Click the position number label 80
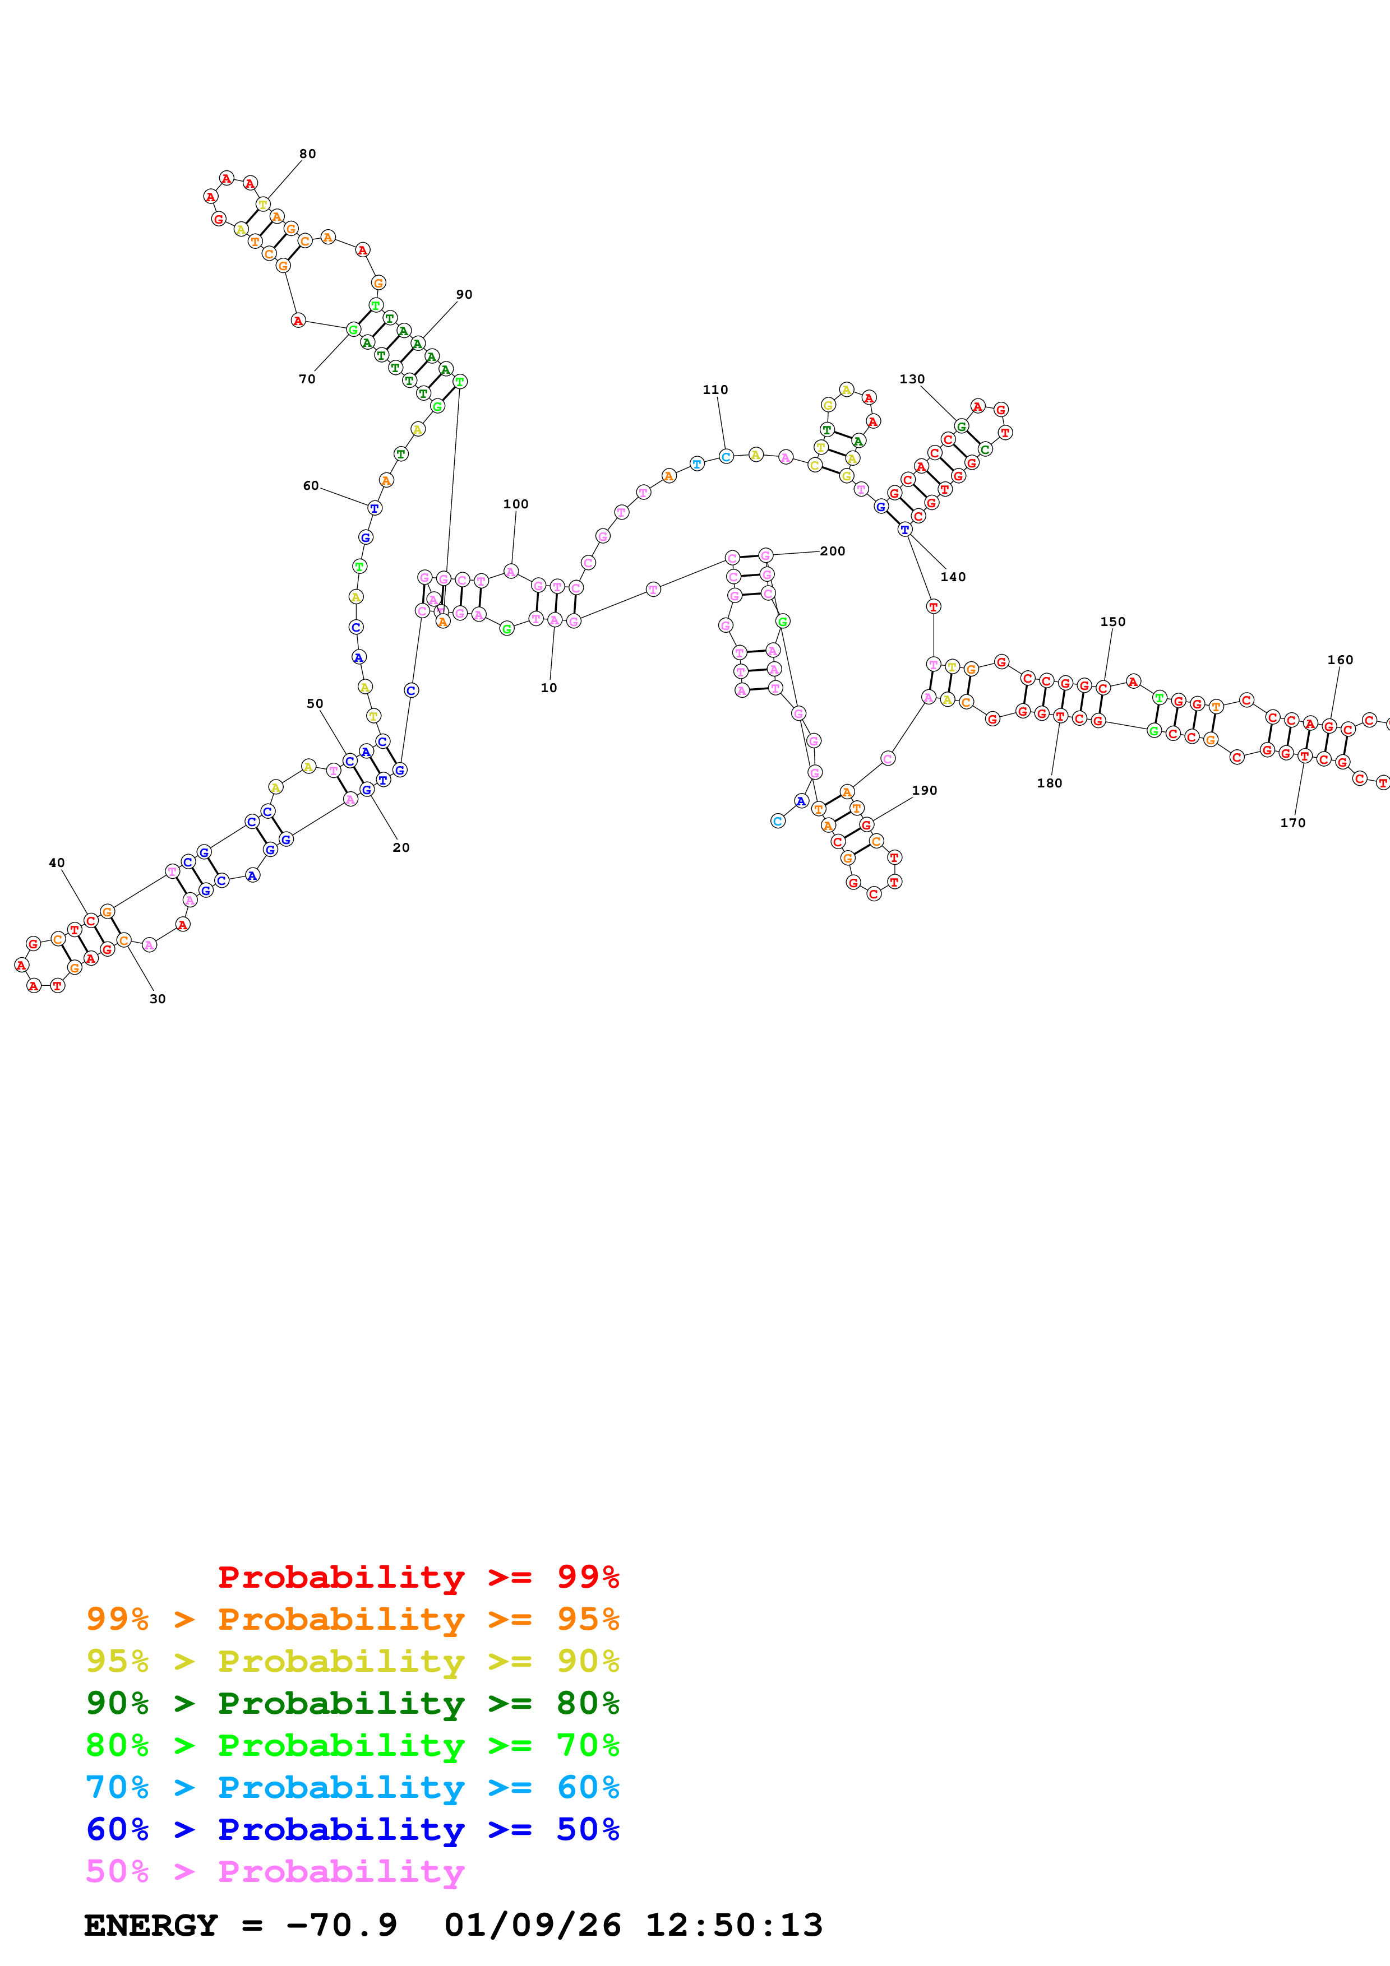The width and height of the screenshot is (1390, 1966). point(307,154)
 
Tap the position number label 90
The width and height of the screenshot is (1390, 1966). point(464,295)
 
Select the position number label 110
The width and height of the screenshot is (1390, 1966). point(715,390)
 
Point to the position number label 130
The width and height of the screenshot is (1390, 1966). point(912,379)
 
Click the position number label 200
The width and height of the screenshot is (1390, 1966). point(833,551)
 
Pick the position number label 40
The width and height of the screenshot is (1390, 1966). point(57,863)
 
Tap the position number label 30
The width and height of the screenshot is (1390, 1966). point(158,999)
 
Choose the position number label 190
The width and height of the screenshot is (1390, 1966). point(924,790)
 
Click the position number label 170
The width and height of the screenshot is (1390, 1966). point(1292,823)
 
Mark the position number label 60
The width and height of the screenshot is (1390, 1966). point(311,485)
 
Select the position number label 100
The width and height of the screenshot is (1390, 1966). point(516,504)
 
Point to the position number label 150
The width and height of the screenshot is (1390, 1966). point(1112,622)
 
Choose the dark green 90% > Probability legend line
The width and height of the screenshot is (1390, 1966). point(352,1703)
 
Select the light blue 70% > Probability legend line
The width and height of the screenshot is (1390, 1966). point(352,1787)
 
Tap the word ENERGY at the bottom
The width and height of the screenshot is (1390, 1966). point(151,1926)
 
